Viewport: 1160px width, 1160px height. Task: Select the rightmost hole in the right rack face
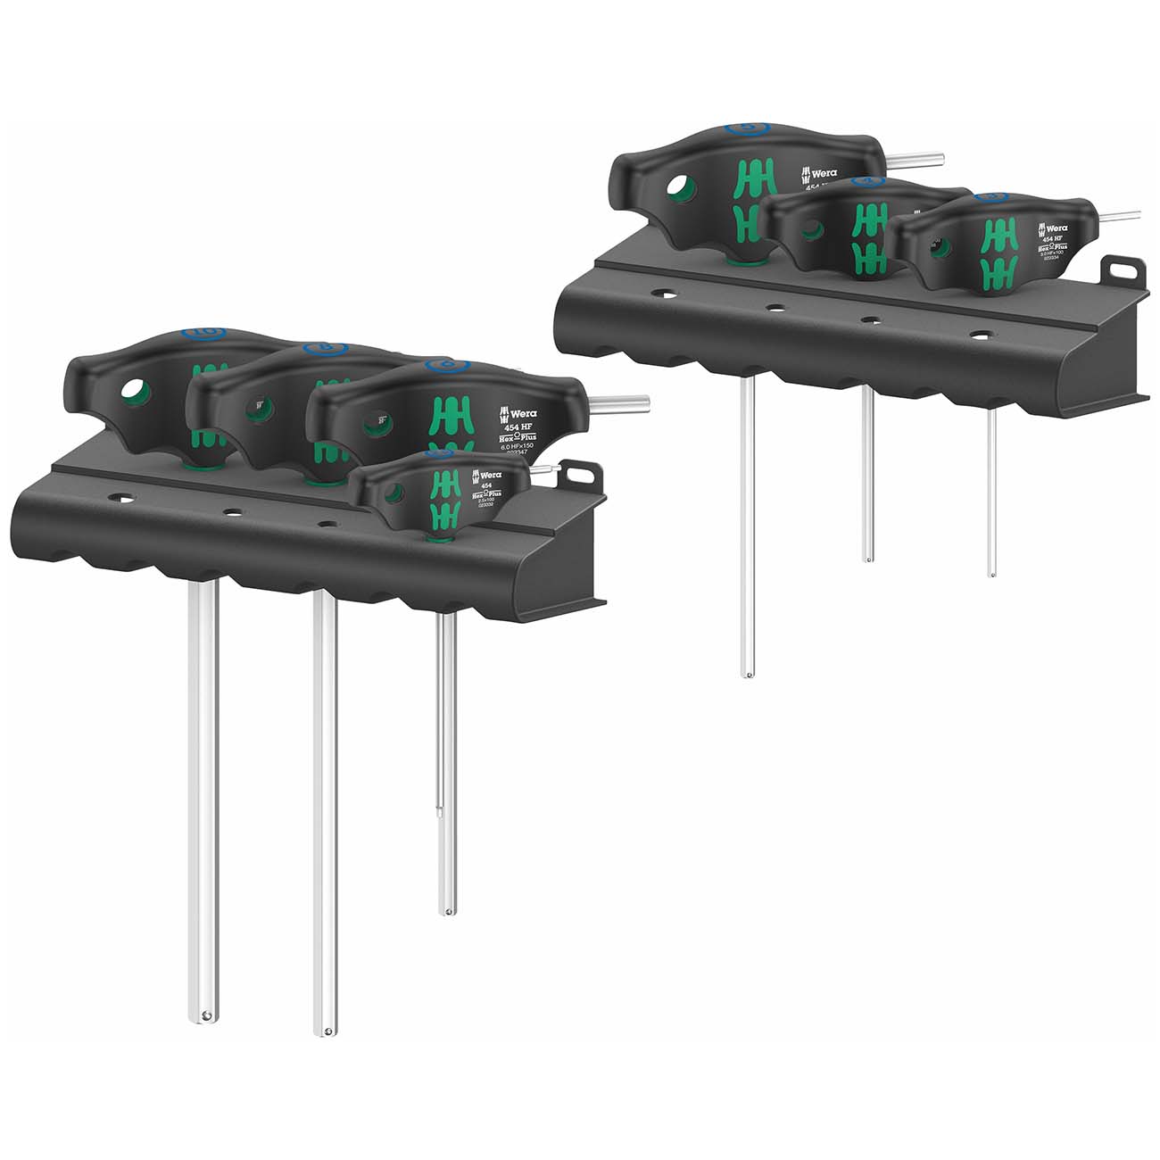pos(982,336)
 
